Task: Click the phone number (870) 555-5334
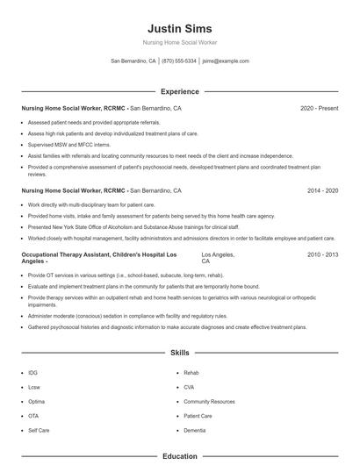click(x=179, y=61)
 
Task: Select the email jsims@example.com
click(x=226, y=61)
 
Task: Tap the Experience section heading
click(x=180, y=91)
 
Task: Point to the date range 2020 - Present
click(x=320, y=108)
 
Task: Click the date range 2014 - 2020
click(x=323, y=190)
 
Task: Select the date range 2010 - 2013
click(x=323, y=254)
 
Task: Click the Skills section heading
click(x=180, y=353)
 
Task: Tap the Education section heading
click(x=180, y=456)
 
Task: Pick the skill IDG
click(x=33, y=373)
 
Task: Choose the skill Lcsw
click(x=34, y=387)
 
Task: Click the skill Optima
click(x=36, y=401)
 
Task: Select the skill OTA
click(x=33, y=416)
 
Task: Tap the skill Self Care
click(x=39, y=430)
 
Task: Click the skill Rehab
click(x=191, y=373)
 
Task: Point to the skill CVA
click(x=189, y=387)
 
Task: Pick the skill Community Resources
click(x=210, y=401)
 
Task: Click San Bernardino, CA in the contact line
click(x=133, y=61)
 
